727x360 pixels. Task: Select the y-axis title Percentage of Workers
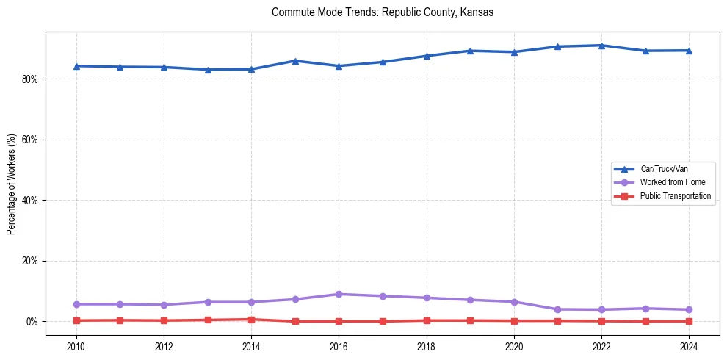click(x=11, y=184)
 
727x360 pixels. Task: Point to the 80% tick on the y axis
click(x=31, y=79)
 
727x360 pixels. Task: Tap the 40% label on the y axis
click(x=31, y=200)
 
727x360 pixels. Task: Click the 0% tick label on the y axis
click(x=33, y=322)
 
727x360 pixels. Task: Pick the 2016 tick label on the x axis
click(x=339, y=347)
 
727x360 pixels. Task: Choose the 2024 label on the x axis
click(x=689, y=347)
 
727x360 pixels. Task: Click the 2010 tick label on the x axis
click(x=76, y=347)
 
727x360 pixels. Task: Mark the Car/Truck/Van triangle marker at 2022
click(x=601, y=46)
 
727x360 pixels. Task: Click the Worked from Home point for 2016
click(x=339, y=294)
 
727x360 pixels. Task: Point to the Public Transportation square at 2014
click(x=251, y=320)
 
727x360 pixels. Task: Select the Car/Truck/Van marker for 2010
click(x=76, y=66)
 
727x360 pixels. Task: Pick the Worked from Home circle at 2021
click(x=557, y=309)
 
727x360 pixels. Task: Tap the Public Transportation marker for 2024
click(x=689, y=321)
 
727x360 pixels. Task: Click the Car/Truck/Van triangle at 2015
click(x=295, y=61)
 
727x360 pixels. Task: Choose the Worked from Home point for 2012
click(x=164, y=305)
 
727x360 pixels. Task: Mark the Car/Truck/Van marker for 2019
click(x=470, y=51)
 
